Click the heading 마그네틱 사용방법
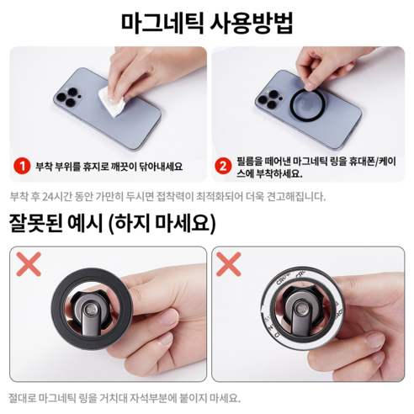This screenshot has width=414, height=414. (x=207, y=22)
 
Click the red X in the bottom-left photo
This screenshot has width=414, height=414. (x=30, y=267)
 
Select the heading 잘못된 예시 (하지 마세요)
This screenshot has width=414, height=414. (x=113, y=225)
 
